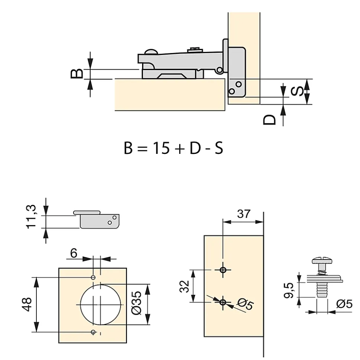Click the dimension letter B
[x=76, y=73]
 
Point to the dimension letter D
[x=269, y=119]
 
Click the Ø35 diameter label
[x=137, y=304]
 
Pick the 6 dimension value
[x=73, y=253]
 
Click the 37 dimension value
[x=243, y=214]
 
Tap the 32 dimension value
[x=184, y=286]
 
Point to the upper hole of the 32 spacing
[x=223, y=270]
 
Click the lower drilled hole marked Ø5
[x=223, y=302]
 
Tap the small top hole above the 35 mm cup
[x=93, y=277]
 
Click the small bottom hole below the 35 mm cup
[x=93, y=331]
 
